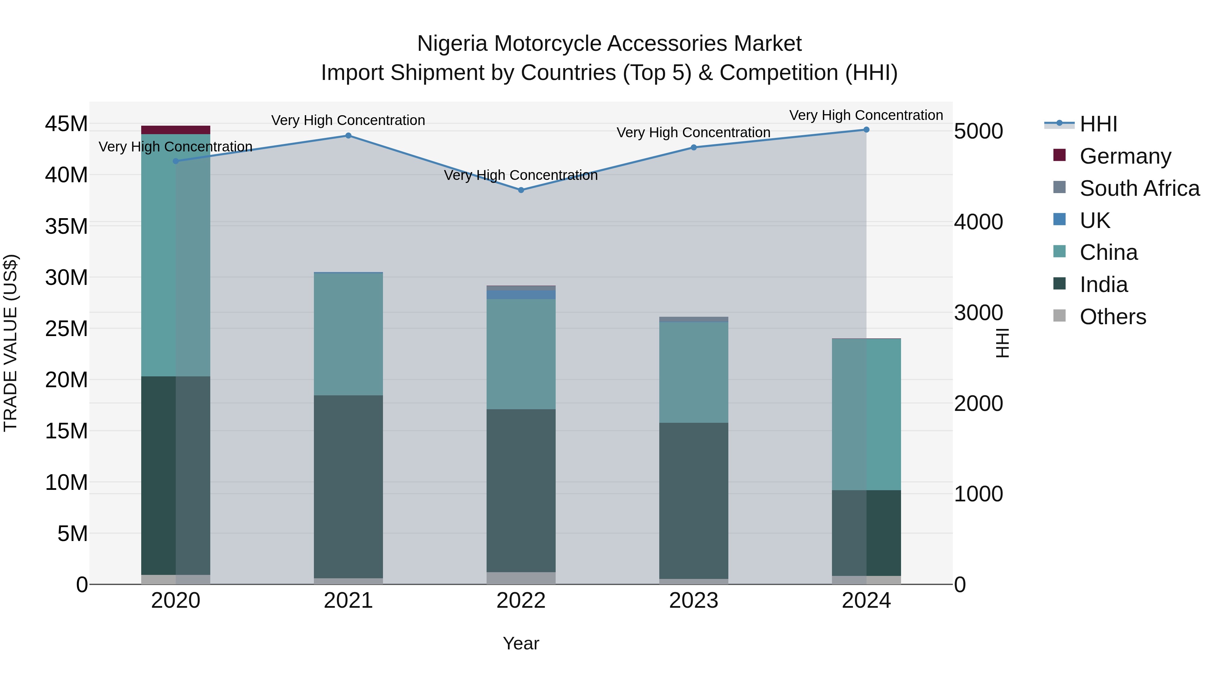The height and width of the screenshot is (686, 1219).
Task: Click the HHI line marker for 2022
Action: pos(521,190)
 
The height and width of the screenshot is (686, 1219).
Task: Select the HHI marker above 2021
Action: pos(348,136)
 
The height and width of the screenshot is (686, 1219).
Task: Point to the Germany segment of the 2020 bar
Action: pos(175,130)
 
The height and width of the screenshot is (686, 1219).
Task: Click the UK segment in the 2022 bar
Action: pos(521,294)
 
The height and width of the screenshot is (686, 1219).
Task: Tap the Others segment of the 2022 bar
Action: pos(521,578)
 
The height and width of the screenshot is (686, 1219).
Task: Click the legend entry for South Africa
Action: pos(1139,188)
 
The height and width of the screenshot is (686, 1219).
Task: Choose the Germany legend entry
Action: pos(1125,156)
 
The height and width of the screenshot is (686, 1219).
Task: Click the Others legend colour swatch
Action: pos(1059,316)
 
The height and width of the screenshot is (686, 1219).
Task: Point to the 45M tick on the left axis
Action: pos(66,124)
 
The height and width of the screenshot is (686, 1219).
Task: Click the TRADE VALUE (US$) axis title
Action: pos(11,343)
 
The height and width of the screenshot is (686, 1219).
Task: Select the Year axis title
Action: pos(521,643)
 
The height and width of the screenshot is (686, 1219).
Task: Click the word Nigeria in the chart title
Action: pos(452,44)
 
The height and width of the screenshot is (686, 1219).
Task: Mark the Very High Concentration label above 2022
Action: pos(521,175)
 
